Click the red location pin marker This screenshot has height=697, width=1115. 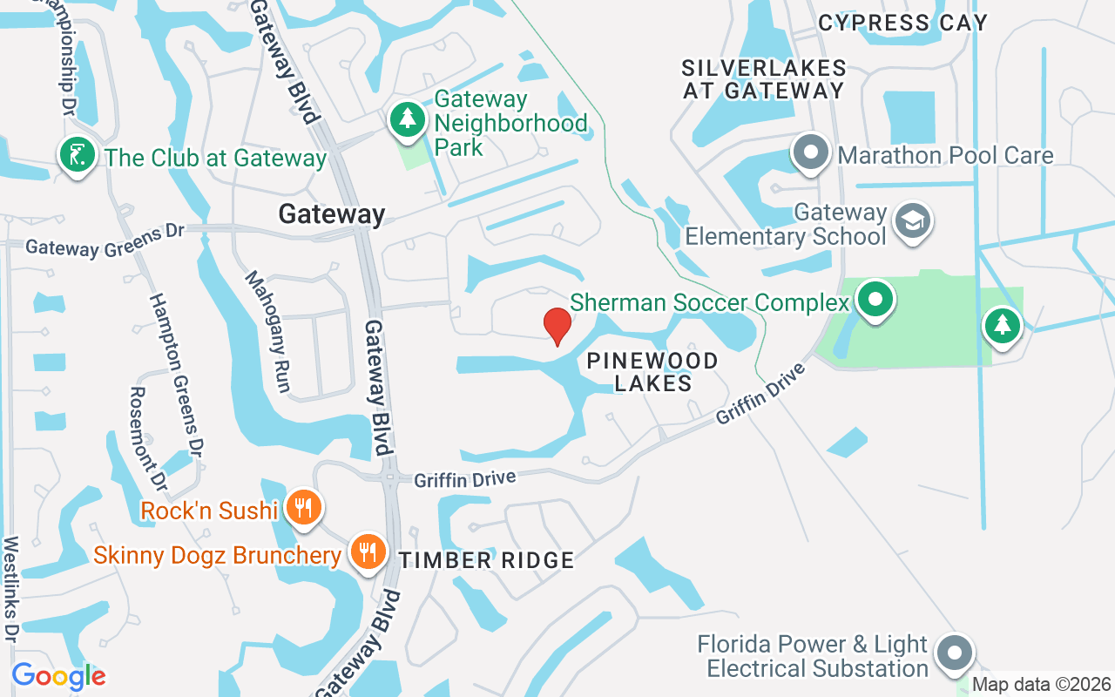pos(557,326)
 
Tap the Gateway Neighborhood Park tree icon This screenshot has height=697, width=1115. pos(407,119)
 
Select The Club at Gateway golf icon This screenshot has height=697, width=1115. pos(77,156)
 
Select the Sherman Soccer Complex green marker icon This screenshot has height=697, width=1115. pos(875,301)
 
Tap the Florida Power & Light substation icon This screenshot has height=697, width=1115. pos(956,652)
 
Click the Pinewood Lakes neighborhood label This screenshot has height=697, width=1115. pos(652,372)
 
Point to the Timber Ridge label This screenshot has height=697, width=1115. pos(487,560)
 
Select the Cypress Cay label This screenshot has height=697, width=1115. pos(903,23)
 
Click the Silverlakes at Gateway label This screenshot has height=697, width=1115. pos(764,79)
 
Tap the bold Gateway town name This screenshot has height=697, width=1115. pos(332,214)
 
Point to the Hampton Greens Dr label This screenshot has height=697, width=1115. pos(175,374)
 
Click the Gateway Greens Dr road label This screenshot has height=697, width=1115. pos(105,240)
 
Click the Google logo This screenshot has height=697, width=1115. pos(58,676)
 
